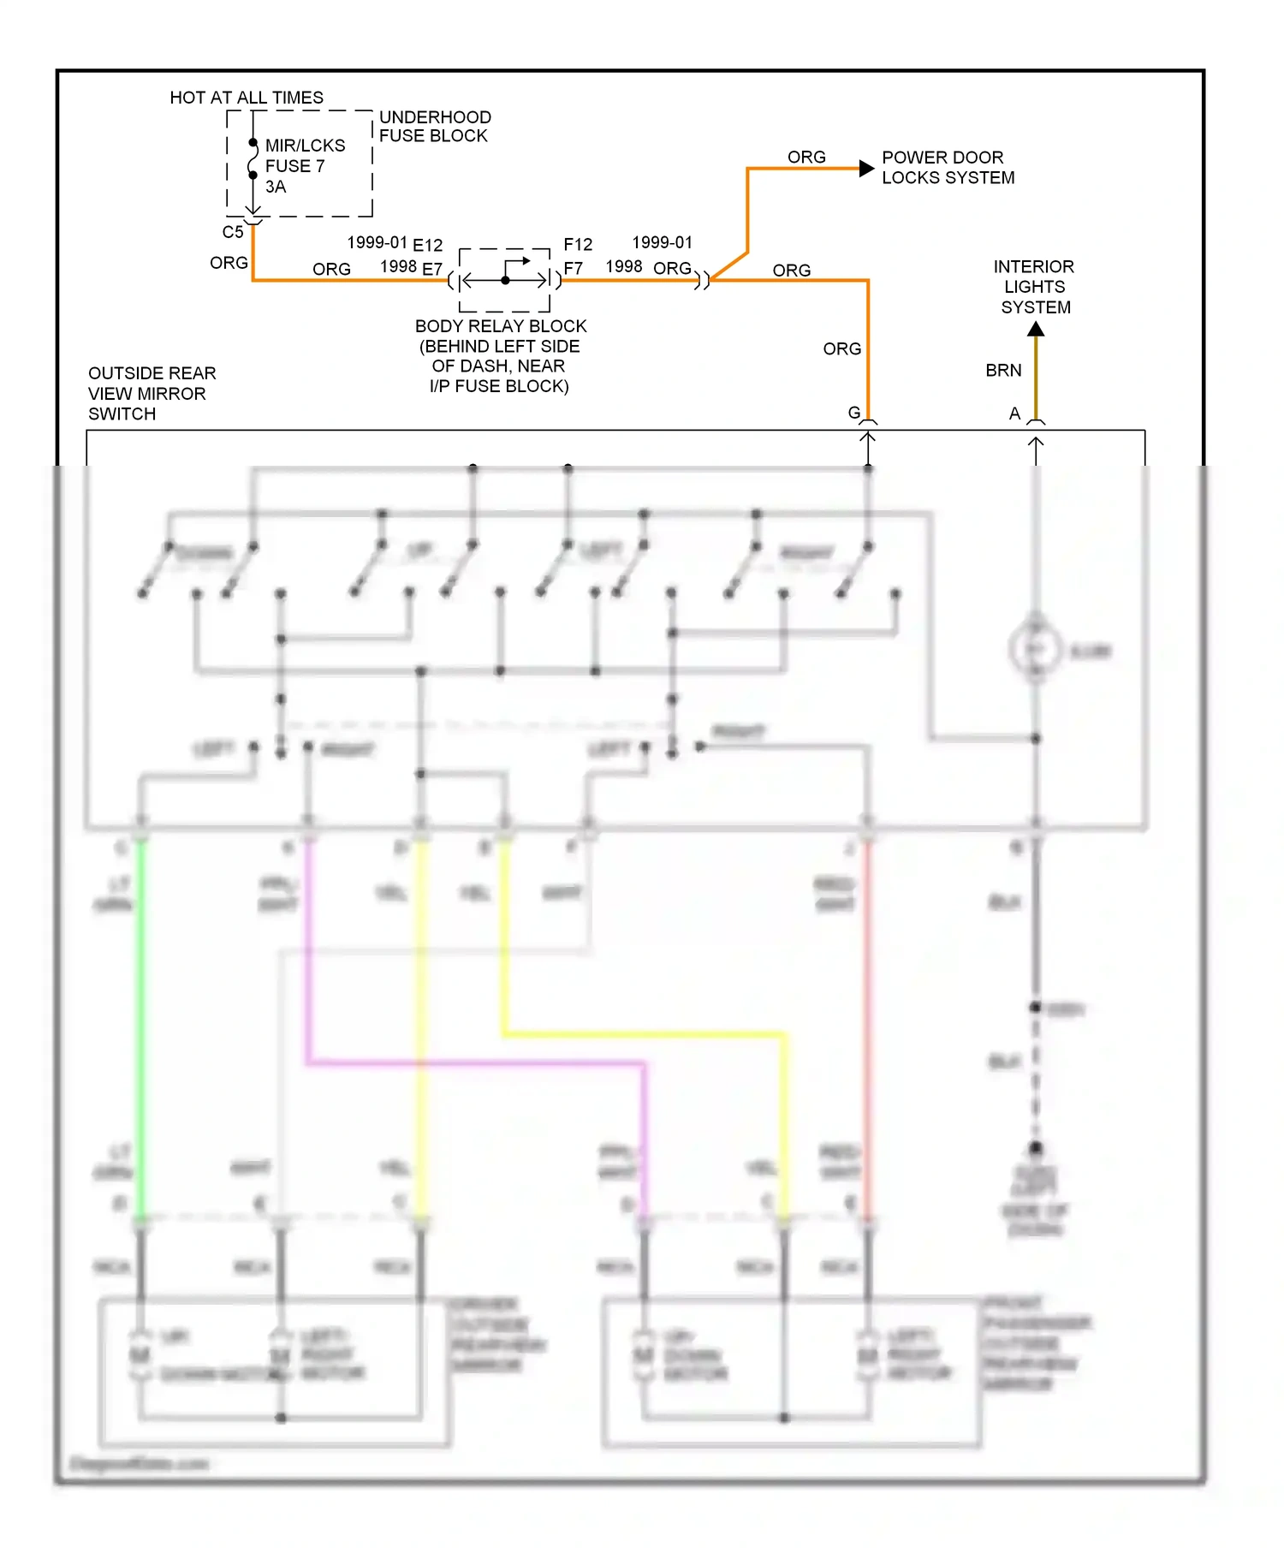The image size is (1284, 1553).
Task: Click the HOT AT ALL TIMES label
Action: pyautogui.click(x=247, y=98)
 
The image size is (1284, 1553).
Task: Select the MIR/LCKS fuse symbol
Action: pyautogui.click(x=253, y=159)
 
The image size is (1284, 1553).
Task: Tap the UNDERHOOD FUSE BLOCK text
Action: pyautogui.click(x=434, y=127)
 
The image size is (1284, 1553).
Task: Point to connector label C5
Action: pyautogui.click(x=233, y=232)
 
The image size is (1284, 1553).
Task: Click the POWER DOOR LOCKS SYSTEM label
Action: pyautogui.click(x=948, y=168)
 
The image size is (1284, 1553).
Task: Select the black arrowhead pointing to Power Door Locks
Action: pyautogui.click(x=866, y=169)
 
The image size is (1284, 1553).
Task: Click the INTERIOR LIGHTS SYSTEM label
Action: pyautogui.click(x=1035, y=287)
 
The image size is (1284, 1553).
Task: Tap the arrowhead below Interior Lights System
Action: pyautogui.click(x=1036, y=330)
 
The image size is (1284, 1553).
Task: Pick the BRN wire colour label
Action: pyautogui.click(x=1003, y=371)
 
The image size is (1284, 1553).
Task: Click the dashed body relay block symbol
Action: pyautogui.click(x=505, y=280)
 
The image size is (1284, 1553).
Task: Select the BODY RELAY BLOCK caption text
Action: pyautogui.click(x=500, y=355)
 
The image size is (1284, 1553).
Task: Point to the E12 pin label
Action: pyautogui.click(x=428, y=246)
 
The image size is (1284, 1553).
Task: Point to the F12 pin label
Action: pyautogui.click(x=578, y=245)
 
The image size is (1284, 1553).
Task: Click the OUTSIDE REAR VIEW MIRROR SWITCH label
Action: pyautogui.click(x=152, y=394)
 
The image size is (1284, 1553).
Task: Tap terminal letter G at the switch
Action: pyautogui.click(x=853, y=413)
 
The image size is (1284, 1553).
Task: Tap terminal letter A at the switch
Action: pyautogui.click(x=1014, y=414)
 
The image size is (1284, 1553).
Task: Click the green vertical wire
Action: pyautogui.click(x=140, y=1027)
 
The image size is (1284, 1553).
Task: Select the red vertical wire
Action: pyautogui.click(x=867, y=1027)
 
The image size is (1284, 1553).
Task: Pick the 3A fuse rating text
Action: pyautogui.click(x=276, y=187)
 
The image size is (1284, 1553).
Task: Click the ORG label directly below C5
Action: pyautogui.click(x=229, y=263)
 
